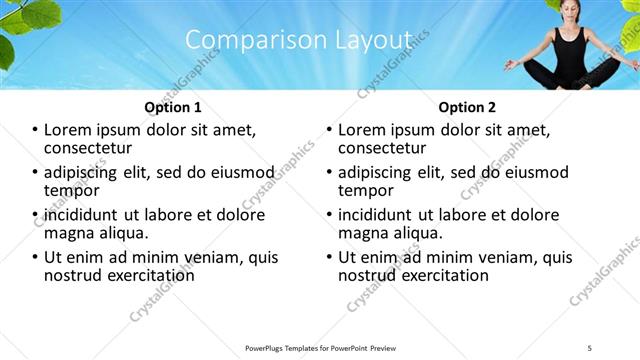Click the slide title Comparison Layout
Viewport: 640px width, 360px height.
[299, 39]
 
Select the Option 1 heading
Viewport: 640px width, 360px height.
[173, 107]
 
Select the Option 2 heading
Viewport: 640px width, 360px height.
[466, 107]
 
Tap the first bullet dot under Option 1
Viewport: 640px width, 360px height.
[36, 130]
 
